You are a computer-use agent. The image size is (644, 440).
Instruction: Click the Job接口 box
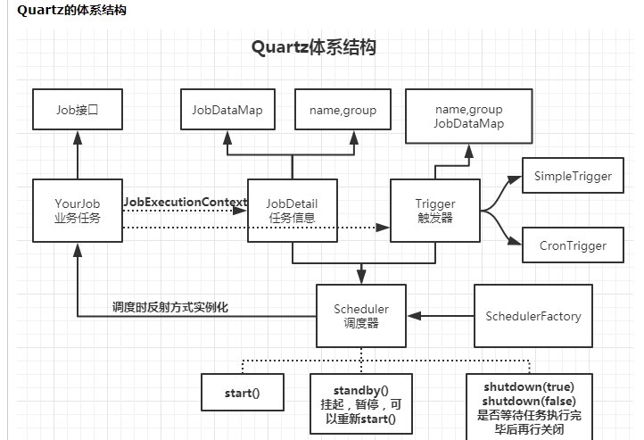click(77, 111)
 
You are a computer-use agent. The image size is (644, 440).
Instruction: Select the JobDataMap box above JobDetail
click(227, 111)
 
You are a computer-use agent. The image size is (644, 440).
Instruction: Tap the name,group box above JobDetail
click(343, 111)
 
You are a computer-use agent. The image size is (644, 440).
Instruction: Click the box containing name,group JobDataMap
click(468, 116)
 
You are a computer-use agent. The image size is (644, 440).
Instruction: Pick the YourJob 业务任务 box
click(77, 210)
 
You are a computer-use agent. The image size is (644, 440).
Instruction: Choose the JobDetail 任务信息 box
click(293, 210)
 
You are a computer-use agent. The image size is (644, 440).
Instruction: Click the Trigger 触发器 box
click(435, 210)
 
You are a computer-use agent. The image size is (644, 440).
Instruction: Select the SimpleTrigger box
click(573, 177)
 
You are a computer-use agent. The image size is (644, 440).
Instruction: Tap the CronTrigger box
click(573, 245)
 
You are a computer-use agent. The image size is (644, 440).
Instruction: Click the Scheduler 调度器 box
click(361, 316)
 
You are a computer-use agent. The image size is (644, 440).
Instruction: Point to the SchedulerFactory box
click(533, 316)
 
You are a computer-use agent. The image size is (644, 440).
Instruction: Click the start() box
click(242, 393)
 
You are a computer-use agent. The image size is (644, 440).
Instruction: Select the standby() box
click(361, 404)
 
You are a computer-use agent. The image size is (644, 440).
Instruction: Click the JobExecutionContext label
click(185, 203)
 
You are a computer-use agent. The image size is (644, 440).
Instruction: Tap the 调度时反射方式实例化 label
click(170, 306)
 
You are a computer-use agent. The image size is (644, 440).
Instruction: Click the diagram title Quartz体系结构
click(313, 47)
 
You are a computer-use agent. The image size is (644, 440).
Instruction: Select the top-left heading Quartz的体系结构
click(71, 11)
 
